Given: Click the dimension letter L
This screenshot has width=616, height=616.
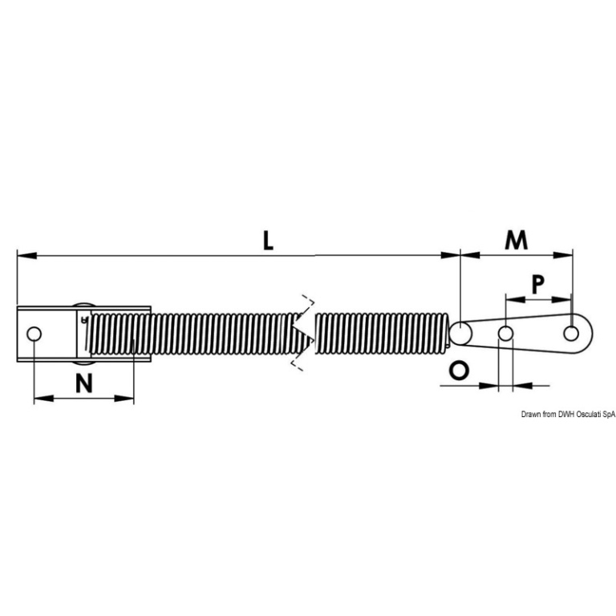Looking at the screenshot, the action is (x=268, y=241).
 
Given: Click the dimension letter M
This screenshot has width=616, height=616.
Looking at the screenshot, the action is (x=516, y=240).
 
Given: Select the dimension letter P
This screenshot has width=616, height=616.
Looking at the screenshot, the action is (x=537, y=285).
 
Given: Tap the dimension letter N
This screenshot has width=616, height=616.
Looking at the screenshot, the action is (x=84, y=383).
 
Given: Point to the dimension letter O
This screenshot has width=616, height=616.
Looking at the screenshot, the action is (x=459, y=371).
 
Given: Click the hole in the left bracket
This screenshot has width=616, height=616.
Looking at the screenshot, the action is (x=34, y=334).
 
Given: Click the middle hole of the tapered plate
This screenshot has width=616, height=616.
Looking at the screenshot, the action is (x=505, y=334).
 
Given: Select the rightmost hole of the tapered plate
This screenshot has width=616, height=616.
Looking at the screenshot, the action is (x=571, y=334).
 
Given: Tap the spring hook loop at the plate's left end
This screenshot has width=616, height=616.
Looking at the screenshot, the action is (x=460, y=333).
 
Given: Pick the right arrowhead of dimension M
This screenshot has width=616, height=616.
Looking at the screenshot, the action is (x=562, y=255).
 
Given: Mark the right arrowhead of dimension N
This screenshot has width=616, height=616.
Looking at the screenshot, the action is (x=124, y=399).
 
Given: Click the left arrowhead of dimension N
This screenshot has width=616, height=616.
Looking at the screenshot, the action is (x=44, y=399).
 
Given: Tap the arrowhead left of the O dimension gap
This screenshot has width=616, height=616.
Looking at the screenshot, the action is (x=488, y=386).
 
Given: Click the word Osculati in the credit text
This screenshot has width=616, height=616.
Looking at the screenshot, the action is (x=590, y=414).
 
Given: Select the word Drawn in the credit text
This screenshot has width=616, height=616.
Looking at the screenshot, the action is (x=531, y=414).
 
